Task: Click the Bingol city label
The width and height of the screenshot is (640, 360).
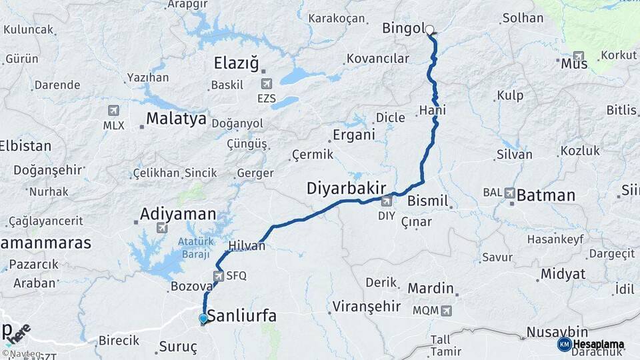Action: (403, 28)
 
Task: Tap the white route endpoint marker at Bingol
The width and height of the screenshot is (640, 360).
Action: (430, 29)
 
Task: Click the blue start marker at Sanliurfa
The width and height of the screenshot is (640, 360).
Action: (203, 319)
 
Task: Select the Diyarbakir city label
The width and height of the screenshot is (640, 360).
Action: (347, 189)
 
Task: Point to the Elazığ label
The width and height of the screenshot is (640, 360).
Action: (236, 63)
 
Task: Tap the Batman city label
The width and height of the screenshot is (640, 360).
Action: (546, 195)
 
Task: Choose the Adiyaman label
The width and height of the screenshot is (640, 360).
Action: (178, 215)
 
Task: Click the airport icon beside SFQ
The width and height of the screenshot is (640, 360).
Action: (219, 275)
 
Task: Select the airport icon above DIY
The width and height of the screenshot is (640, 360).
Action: (387, 201)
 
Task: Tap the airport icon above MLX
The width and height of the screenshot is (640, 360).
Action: (113, 111)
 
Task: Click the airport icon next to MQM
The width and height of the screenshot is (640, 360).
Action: (445, 311)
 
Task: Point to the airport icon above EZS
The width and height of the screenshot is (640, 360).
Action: (267, 83)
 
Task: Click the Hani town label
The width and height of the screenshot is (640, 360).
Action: (433, 110)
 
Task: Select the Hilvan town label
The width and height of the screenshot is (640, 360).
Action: (247, 246)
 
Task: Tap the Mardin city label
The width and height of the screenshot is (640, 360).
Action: (431, 289)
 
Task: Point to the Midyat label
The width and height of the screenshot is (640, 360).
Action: (563, 274)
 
